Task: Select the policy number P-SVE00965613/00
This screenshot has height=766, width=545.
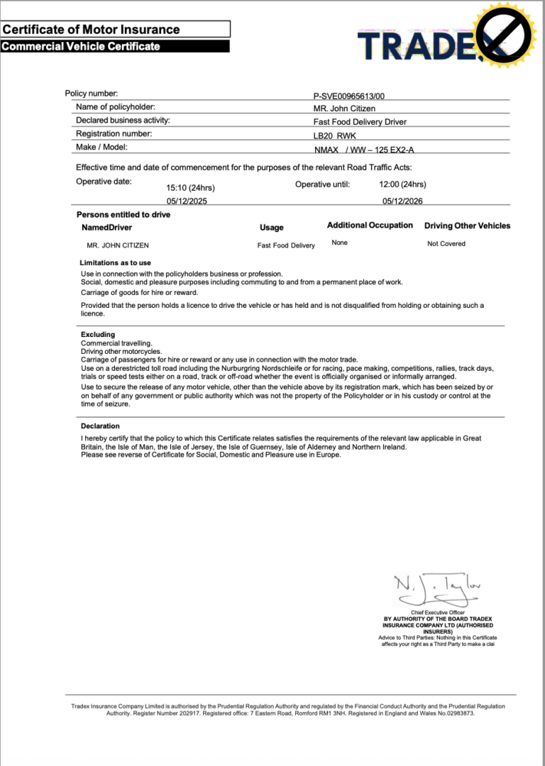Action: pyautogui.click(x=353, y=96)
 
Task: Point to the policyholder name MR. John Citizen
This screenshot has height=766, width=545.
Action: pyautogui.click(x=344, y=109)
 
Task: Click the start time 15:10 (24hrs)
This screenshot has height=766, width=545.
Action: pyautogui.click(x=190, y=188)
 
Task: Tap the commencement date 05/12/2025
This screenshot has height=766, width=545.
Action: pyautogui.click(x=187, y=201)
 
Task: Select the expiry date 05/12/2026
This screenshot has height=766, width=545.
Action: pyautogui.click(x=402, y=201)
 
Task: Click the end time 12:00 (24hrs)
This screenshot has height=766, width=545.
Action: pyautogui.click(x=402, y=184)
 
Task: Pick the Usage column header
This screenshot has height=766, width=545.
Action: pyautogui.click(x=271, y=228)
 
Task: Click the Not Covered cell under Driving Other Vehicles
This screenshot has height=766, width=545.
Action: pyautogui.click(x=446, y=244)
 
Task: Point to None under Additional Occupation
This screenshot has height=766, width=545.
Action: pyautogui.click(x=339, y=243)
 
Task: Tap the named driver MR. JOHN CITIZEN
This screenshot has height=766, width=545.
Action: pyautogui.click(x=118, y=245)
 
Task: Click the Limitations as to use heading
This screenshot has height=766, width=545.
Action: pyautogui.click(x=115, y=263)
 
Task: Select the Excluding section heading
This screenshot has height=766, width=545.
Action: pyautogui.click(x=98, y=334)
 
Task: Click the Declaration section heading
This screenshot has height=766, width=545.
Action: pyautogui.click(x=100, y=426)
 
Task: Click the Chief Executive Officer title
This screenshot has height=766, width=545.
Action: pyautogui.click(x=437, y=612)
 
